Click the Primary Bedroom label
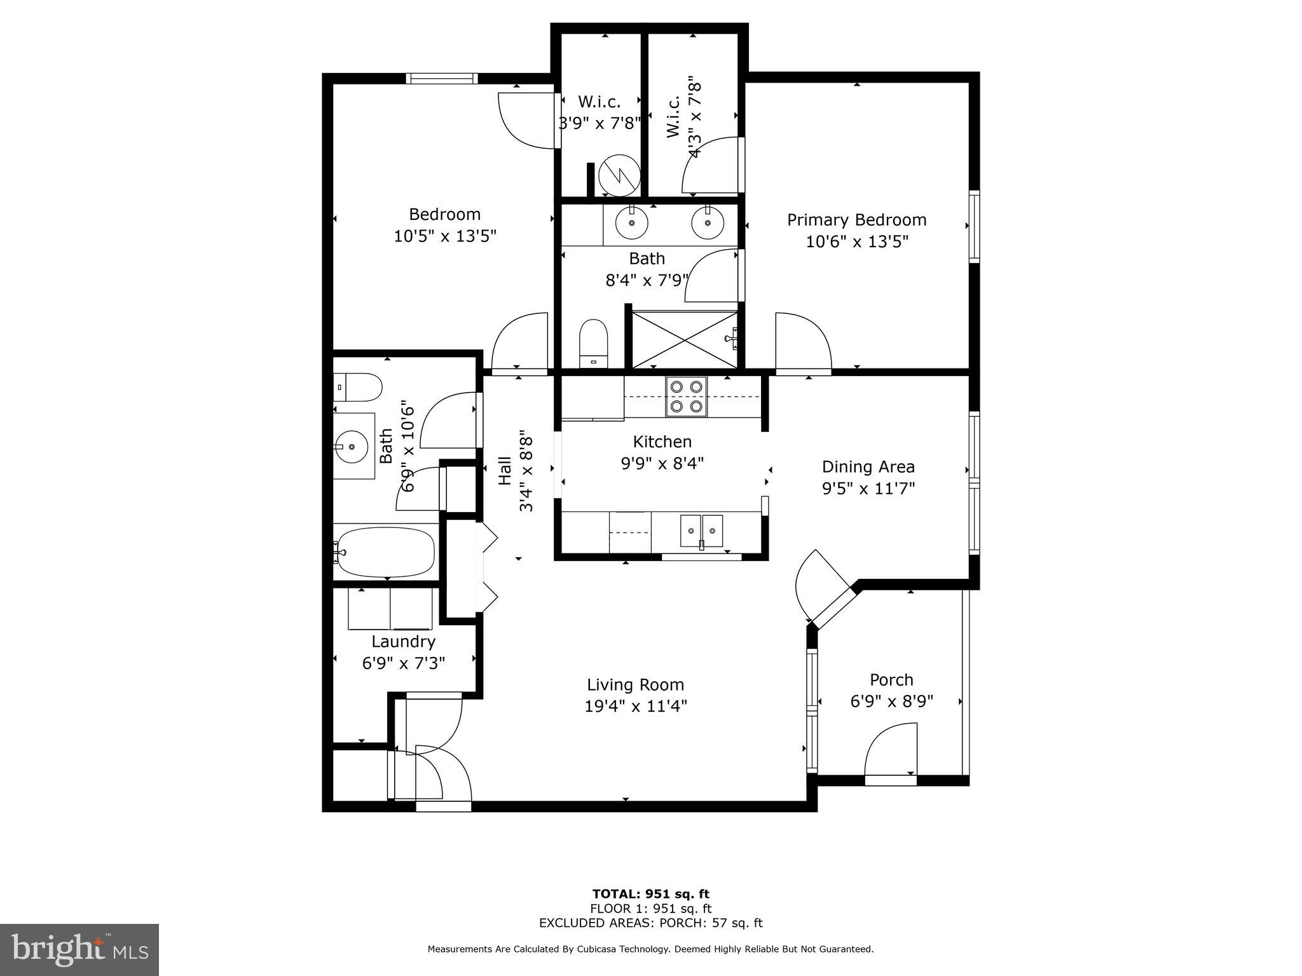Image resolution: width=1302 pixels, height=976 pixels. point(856,220)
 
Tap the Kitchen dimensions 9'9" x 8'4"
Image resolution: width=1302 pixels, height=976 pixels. point(662,463)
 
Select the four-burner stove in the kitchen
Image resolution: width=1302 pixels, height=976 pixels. point(687,396)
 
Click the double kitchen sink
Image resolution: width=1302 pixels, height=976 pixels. point(701,531)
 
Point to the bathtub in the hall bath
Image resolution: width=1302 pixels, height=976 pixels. point(386,552)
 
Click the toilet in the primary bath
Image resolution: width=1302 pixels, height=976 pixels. point(594,344)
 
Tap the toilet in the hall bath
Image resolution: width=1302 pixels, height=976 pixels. point(357,387)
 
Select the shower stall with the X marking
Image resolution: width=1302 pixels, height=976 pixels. point(684,339)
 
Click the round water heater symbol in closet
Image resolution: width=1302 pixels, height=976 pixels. point(619,176)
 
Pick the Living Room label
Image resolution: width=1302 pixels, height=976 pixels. point(635,684)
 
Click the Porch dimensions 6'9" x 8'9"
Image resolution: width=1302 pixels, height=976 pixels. point(891,701)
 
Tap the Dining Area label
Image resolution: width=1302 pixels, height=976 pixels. point(868,466)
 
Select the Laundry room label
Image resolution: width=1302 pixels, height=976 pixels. point(403,641)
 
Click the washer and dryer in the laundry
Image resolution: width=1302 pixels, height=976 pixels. point(390,608)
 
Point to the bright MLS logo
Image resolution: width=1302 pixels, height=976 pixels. point(79,949)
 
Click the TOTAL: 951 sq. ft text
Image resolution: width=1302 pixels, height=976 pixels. point(650,894)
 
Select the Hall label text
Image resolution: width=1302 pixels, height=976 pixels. point(505,471)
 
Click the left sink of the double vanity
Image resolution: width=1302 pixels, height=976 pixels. point(631,222)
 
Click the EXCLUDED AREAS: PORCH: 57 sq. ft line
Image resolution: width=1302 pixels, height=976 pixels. point(650,923)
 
